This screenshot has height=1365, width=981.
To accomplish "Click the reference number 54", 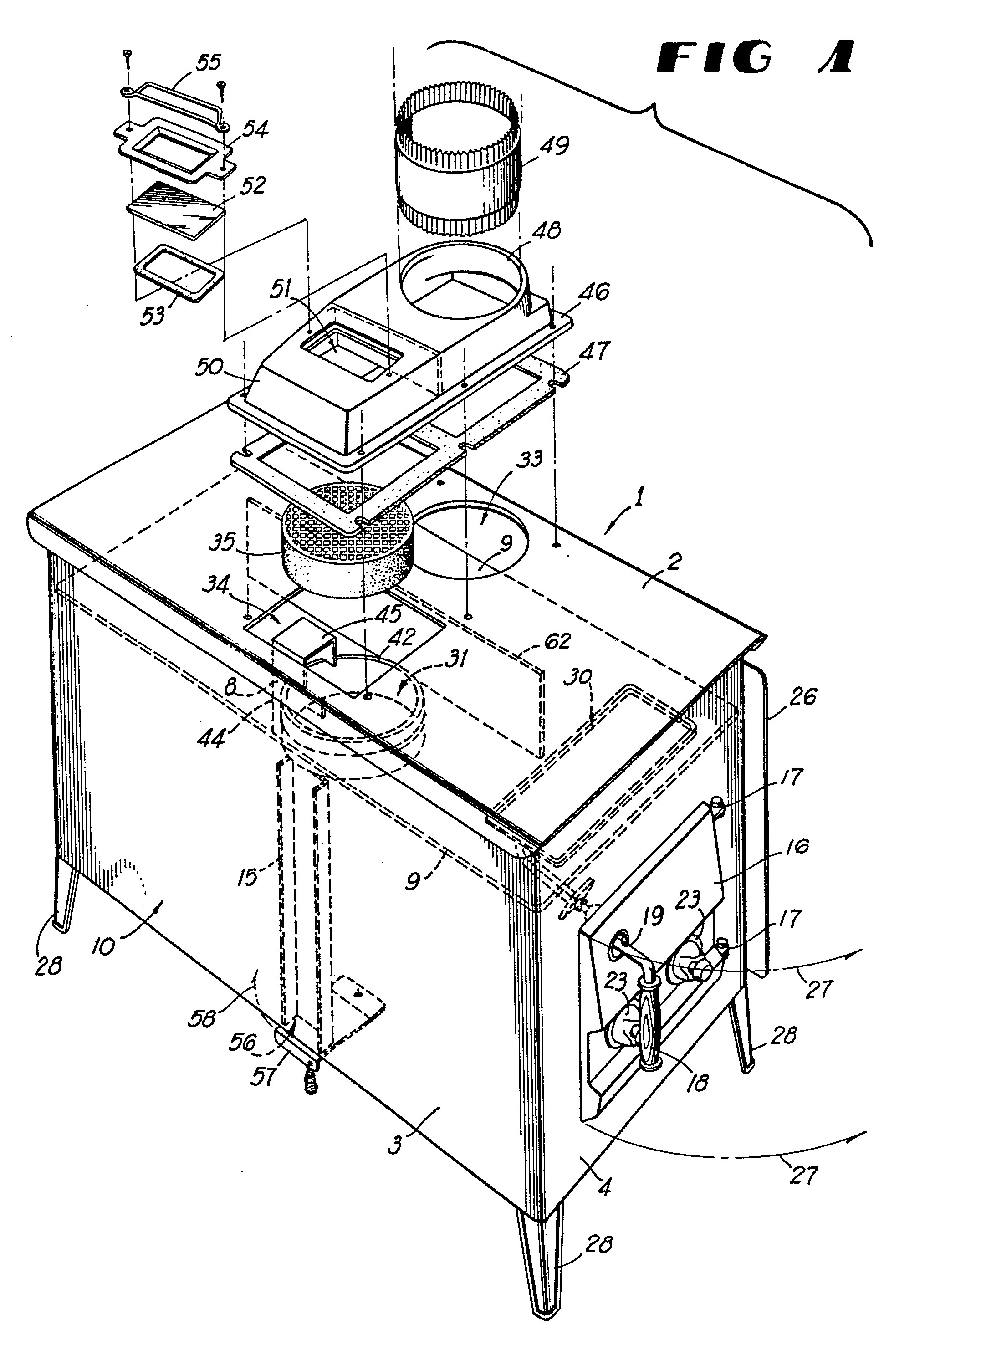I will tap(252, 129).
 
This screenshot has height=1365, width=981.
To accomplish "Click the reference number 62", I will tap(556, 641).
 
